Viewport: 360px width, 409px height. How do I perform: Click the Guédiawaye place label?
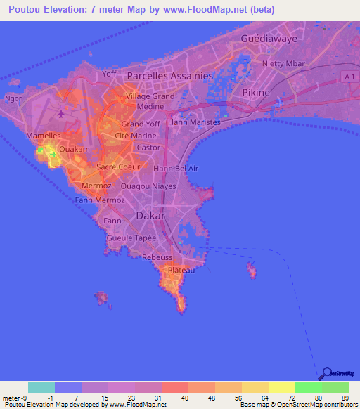(x=274, y=39)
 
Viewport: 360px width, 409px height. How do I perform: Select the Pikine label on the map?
(x=256, y=92)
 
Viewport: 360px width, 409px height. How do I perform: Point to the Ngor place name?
(x=13, y=98)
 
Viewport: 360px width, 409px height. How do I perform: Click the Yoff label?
(x=109, y=73)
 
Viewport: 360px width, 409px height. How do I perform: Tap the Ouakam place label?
(x=74, y=150)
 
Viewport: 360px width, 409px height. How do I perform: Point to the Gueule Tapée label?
(x=131, y=238)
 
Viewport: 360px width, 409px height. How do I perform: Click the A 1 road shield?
(x=351, y=75)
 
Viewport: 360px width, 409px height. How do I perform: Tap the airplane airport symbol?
(x=61, y=113)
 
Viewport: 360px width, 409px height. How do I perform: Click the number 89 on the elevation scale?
(x=344, y=399)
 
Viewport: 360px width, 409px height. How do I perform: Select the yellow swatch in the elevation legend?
(x=281, y=387)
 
